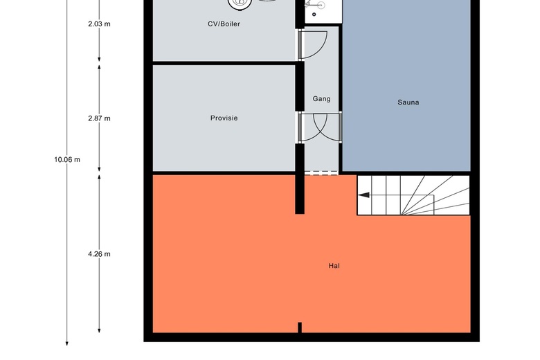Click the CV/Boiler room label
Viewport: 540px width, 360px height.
click(x=224, y=24)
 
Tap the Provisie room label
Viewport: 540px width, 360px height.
click(x=224, y=118)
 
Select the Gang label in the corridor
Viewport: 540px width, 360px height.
click(x=322, y=99)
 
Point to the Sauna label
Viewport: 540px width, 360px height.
click(x=408, y=102)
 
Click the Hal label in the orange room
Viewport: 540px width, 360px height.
click(x=334, y=266)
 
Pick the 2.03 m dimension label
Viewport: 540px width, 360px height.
click(x=99, y=24)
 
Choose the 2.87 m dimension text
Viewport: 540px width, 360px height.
click(x=99, y=118)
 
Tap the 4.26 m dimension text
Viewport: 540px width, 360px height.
click(x=99, y=254)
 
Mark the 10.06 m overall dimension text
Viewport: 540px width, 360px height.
click(x=67, y=159)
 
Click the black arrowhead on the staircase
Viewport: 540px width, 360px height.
click(x=363, y=195)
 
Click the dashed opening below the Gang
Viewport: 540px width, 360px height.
click(x=321, y=173)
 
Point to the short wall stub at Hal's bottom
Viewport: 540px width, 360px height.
click(x=300, y=327)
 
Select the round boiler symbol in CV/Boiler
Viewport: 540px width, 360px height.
click(x=240, y=3)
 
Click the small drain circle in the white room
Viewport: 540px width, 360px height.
click(x=314, y=15)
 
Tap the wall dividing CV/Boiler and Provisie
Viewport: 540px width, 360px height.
click(x=224, y=63)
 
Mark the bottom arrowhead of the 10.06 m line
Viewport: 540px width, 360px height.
click(x=67, y=344)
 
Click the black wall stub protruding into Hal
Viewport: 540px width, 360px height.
click(x=300, y=194)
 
